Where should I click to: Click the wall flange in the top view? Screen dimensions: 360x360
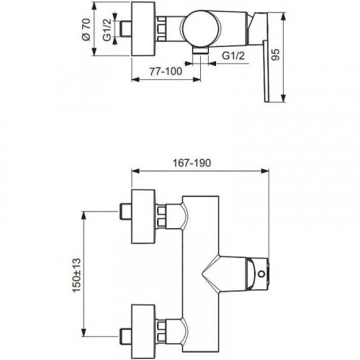(x=143, y=27)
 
